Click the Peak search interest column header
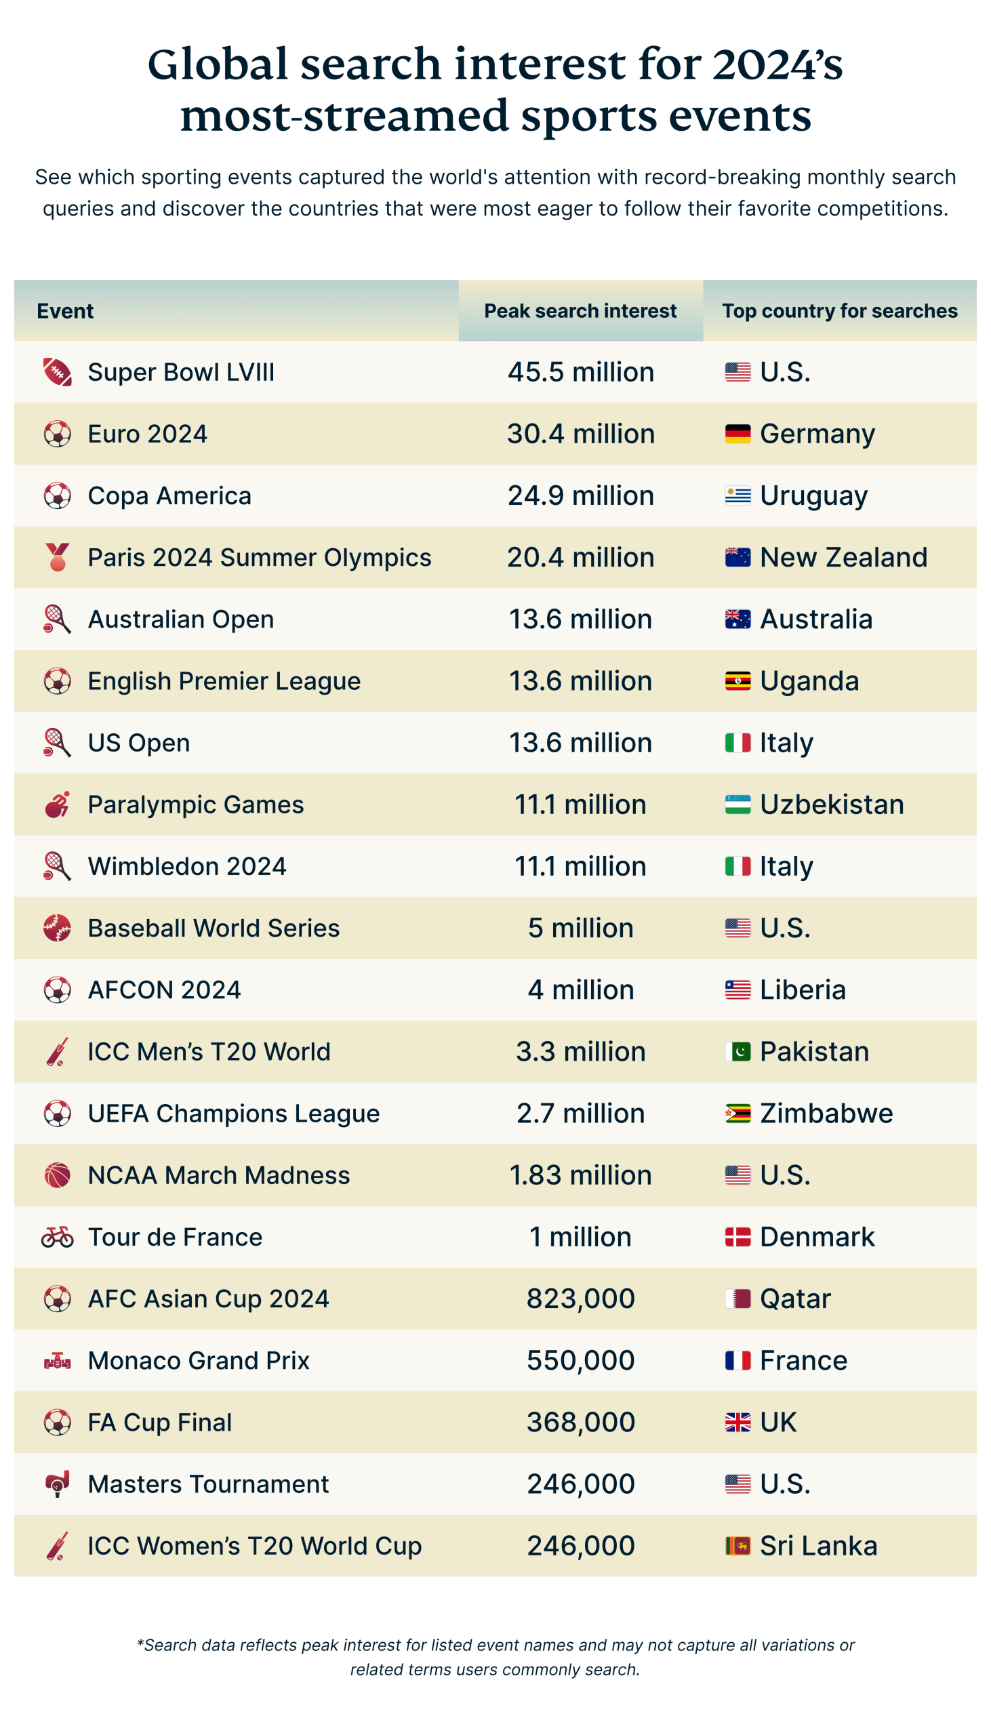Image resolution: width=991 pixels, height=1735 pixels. pyautogui.click(x=580, y=311)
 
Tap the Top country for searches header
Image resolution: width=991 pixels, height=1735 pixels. pyautogui.click(x=839, y=311)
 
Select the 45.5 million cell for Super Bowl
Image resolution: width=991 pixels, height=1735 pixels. pyautogui.click(x=580, y=372)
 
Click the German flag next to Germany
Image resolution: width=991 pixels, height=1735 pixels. pyautogui.click(x=737, y=434)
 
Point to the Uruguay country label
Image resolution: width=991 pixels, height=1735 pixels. pyautogui.click(x=813, y=496)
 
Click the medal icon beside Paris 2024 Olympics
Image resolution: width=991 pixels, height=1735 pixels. pyautogui.click(x=58, y=557)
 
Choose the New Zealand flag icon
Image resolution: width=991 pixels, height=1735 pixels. pyautogui.click(x=737, y=557)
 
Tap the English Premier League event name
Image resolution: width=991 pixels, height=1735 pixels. pyautogui.click(x=224, y=681)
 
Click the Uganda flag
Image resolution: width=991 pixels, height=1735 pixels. pyautogui.click(x=737, y=681)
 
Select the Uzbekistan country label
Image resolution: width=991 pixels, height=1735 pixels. pyautogui.click(x=832, y=805)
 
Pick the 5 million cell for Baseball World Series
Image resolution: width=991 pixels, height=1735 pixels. pyautogui.click(x=580, y=928)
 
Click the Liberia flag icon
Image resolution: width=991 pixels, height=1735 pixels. pyautogui.click(x=737, y=990)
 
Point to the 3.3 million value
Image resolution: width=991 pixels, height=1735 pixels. pyautogui.click(x=580, y=1052)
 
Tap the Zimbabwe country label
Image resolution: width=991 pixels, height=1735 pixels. pyautogui.click(x=826, y=1114)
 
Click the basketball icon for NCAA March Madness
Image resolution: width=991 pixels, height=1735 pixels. pyautogui.click(x=58, y=1175)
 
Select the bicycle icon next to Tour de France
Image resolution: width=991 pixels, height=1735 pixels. pyautogui.click(x=58, y=1237)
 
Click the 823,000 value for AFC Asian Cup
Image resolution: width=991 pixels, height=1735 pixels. pyautogui.click(x=580, y=1299)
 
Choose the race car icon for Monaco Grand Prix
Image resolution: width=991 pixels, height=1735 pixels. pyautogui.click(x=58, y=1361)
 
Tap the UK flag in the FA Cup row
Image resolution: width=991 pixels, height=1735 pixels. pyautogui.click(x=737, y=1423)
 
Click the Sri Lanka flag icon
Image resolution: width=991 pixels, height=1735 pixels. pyautogui.click(x=737, y=1546)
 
